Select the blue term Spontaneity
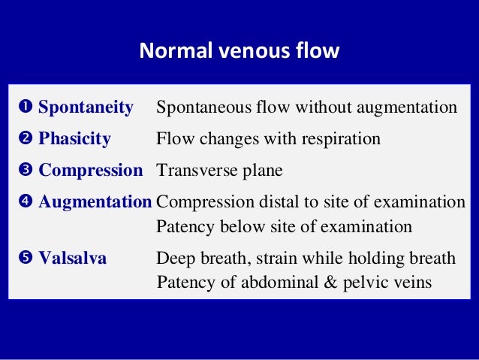pos(86,108)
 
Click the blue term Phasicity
pos(74,139)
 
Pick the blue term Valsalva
pos(72,259)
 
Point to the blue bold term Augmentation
pos(95,201)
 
